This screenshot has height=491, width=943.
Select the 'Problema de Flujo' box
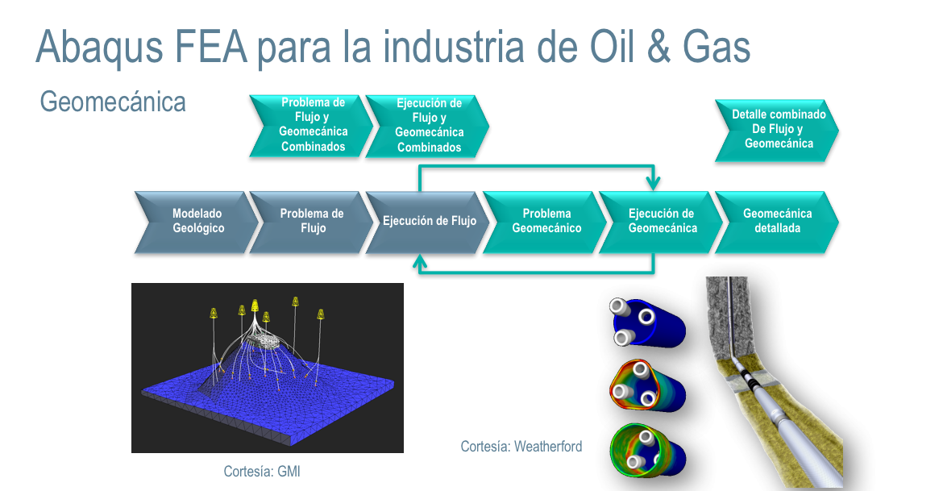click(312, 222)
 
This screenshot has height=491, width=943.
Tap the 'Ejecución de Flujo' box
click(428, 222)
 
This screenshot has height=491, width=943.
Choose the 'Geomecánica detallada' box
click(777, 222)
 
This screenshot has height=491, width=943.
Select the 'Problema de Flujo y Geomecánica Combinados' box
click(312, 125)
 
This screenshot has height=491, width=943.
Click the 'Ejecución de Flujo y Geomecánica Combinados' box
click(428, 125)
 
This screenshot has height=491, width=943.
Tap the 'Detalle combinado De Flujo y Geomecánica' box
click(777, 129)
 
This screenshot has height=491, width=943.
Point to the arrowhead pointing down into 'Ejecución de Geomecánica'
click(653, 183)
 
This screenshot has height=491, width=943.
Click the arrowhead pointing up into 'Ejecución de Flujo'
click(420, 260)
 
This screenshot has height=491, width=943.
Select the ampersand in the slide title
click(659, 47)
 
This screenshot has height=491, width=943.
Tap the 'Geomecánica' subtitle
click(113, 102)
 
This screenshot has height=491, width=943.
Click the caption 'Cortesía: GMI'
click(262, 471)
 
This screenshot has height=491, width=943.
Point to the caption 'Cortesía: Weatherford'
click(521, 447)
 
